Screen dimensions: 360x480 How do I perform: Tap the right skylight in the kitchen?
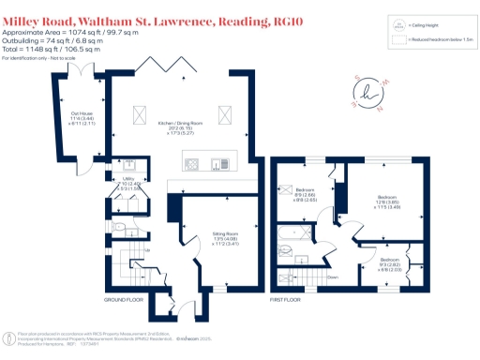click(x=224, y=114)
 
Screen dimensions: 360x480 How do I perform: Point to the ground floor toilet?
click(x=118, y=226)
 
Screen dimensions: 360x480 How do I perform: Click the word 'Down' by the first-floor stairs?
click(x=332, y=277)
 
